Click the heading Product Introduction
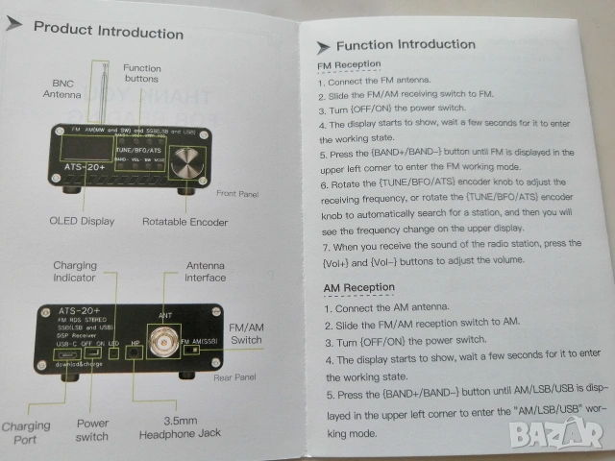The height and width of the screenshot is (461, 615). coord(108,30)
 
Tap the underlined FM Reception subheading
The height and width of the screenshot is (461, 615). coord(349,65)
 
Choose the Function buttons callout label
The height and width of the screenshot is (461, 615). coord(142,74)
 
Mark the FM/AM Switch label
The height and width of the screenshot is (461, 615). coord(247,333)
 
